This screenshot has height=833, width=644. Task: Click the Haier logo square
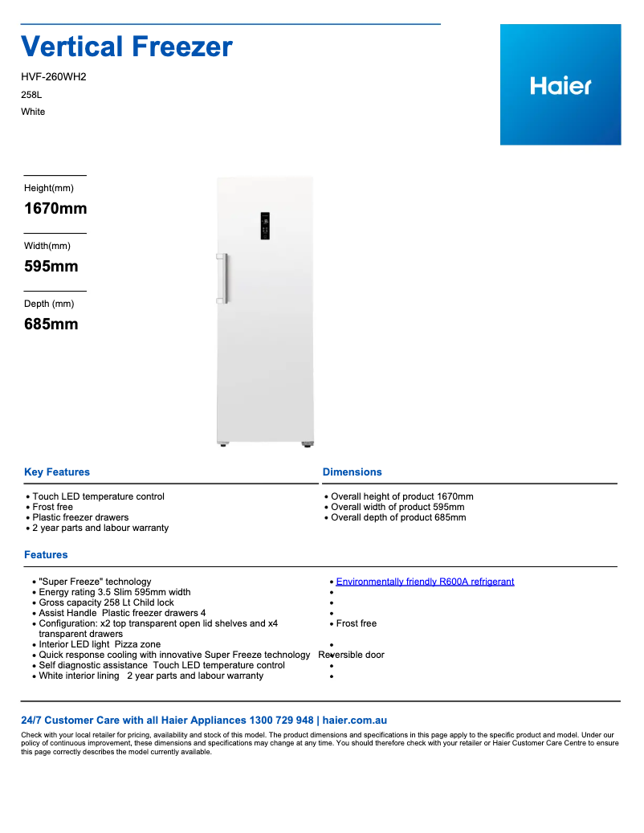pyautogui.click(x=560, y=84)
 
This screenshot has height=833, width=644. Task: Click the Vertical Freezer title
pyautogui.click(x=127, y=47)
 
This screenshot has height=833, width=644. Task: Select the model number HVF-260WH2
pyautogui.click(x=53, y=77)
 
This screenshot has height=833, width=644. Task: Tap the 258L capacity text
pyautogui.click(x=31, y=95)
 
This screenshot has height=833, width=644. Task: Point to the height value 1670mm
pyautogui.click(x=55, y=209)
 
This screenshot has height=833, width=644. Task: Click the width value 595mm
pyautogui.click(x=51, y=267)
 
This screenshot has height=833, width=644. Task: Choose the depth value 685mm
pyautogui.click(x=51, y=325)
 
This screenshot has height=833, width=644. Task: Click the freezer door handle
pyautogui.click(x=223, y=278)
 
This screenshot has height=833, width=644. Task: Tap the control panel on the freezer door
pyautogui.click(x=265, y=226)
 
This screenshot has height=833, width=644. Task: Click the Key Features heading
pyautogui.click(x=57, y=472)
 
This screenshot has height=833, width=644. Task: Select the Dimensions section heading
pyautogui.click(x=353, y=472)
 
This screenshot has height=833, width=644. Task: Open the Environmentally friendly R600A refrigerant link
pyautogui.click(x=425, y=582)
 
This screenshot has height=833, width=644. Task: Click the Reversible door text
pyautogui.click(x=352, y=655)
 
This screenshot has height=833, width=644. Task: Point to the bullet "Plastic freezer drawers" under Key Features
pyautogui.click(x=80, y=517)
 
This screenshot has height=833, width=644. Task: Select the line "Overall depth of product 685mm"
pyautogui.click(x=398, y=517)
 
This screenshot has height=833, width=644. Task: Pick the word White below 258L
pyautogui.click(x=33, y=112)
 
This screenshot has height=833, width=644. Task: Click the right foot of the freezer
pyautogui.click(x=307, y=443)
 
